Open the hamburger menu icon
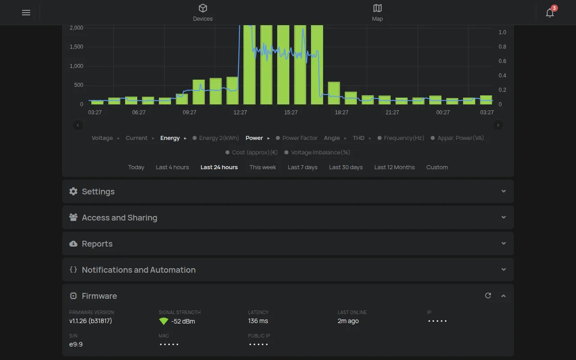[26, 13]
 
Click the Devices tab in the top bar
[202, 13]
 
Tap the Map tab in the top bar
[377, 13]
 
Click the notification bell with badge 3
[550, 12]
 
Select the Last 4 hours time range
[172, 167]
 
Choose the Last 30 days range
[346, 167]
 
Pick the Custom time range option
[437, 167]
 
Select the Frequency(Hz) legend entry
[400, 138]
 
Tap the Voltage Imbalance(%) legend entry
[317, 153]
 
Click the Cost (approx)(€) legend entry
[252, 153]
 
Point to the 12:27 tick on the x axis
[240, 112]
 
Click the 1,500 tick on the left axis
[76, 47]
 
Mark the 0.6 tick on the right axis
[502, 61]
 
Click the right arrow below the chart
[498, 125]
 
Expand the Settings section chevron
[504, 191]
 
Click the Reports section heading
[97, 244]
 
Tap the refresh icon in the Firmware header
[488, 296]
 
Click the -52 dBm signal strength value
[183, 321]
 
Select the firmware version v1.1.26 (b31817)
[90, 321]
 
